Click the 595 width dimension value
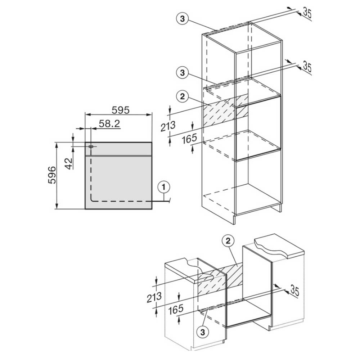tap(121, 110)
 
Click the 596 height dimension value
tap(52, 175)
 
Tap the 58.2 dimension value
tap(109, 124)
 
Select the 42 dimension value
tap(69, 163)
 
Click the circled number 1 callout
tap(164, 187)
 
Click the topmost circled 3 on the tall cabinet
tap(182, 19)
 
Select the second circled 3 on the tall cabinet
tap(182, 73)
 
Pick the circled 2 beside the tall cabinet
tap(182, 96)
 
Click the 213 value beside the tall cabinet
tap(168, 126)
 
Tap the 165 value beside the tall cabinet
tap(190, 139)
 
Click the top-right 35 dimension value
tap(307, 13)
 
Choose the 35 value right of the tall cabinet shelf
tap(307, 66)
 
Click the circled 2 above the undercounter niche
tap(228, 241)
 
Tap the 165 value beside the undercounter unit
tap(176, 309)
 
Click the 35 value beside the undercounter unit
tap(294, 290)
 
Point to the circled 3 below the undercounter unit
tap(202, 332)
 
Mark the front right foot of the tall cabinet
tap(234, 220)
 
